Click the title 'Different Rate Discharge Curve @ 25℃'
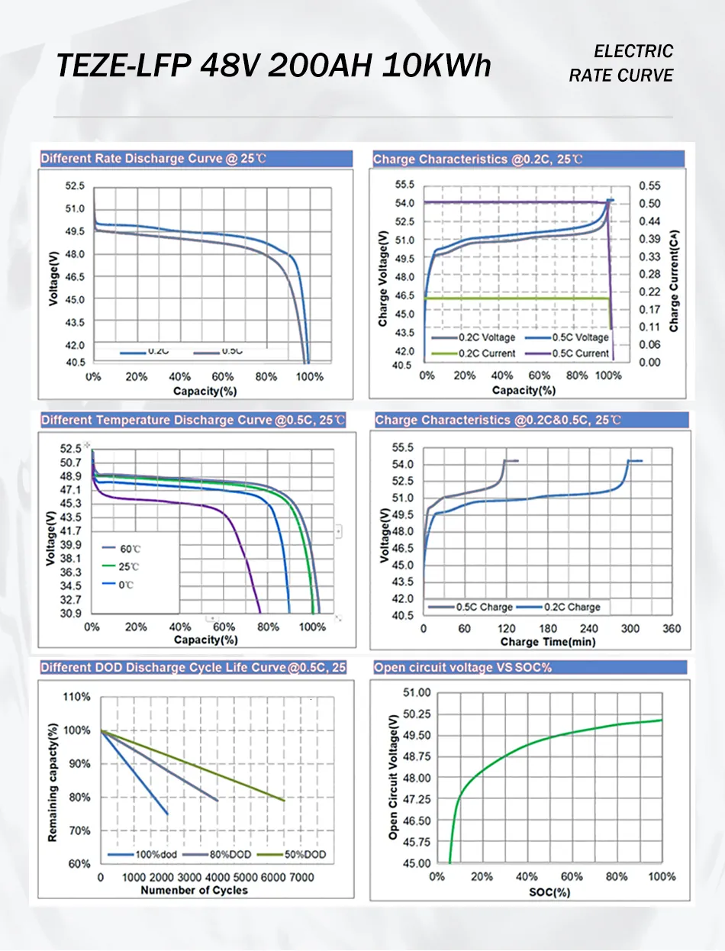click(153, 159)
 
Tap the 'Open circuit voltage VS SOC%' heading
click(462, 668)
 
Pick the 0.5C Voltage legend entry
click(579, 337)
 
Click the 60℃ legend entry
click(130, 550)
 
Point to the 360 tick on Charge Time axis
click(672, 629)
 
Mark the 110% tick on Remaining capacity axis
click(76, 697)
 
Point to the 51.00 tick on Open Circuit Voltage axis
click(417, 692)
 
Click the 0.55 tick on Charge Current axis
click(649, 185)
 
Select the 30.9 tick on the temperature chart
click(71, 613)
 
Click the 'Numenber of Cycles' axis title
click(195, 890)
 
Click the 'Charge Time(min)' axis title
click(548, 642)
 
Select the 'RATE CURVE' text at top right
click(621, 75)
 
